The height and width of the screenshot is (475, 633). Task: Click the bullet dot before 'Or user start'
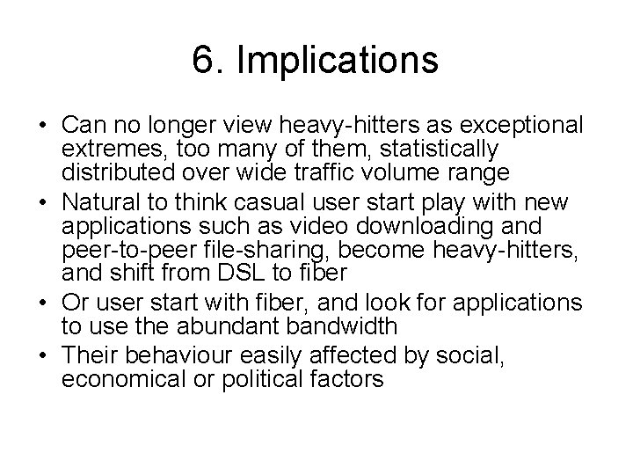pyautogui.click(x=43, y=303)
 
